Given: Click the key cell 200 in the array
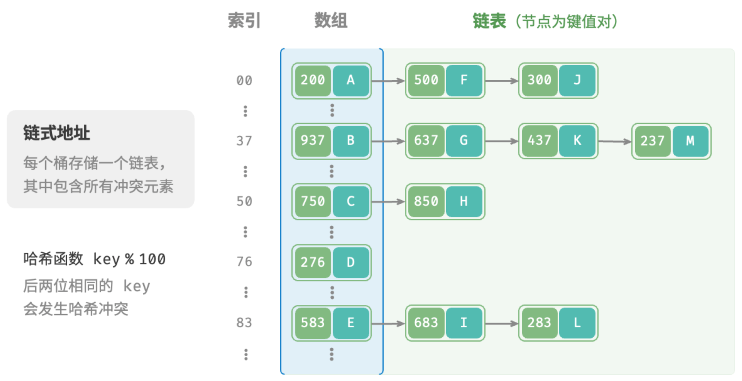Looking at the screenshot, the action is (313, 80).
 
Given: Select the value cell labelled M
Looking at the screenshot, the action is (691, 141).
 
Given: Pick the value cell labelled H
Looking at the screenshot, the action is (464, 202).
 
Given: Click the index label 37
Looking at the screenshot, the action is (244, 141).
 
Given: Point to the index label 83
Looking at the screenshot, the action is (244, 323).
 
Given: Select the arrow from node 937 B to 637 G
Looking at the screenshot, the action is (388, 141).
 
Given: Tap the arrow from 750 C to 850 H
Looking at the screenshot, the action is (388, 202).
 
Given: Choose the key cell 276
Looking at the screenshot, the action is (313, 262).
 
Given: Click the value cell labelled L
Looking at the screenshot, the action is (577, 323).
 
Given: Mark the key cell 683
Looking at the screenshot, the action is (426, 323).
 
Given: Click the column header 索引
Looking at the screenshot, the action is (244, 21).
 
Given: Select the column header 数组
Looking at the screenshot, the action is (331, 21).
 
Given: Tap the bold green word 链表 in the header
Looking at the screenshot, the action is (489, 21).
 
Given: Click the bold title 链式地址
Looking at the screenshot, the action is (57, 133).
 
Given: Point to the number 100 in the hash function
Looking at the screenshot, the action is (153, 259).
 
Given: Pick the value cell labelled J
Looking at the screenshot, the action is (577, 80).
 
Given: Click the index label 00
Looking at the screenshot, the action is (244, 80).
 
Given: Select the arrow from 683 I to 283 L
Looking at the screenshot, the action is (502, 323).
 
